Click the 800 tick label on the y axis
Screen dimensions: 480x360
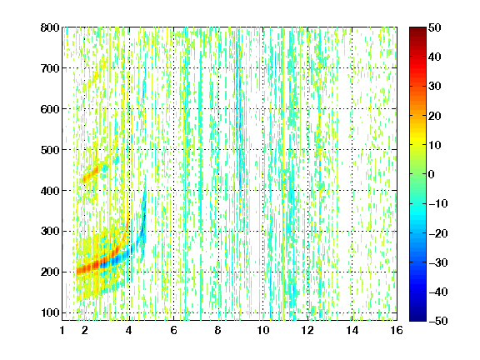pos(50,27)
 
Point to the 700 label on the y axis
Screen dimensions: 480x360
pos(50,68)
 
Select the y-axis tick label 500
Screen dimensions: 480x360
pos(50,150)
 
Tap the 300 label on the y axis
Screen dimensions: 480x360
pos(50,232)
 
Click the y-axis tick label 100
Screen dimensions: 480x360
pos(50,312)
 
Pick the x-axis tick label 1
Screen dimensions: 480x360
pos(62,330)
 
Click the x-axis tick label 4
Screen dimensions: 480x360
pos(129,330)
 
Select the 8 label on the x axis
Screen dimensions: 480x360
pos(218,330)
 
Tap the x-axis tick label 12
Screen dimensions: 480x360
pos(307,330)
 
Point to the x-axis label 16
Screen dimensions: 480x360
pos(397,330)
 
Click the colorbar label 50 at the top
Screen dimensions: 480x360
pos(435,27)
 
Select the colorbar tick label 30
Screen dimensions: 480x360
pos(435,86)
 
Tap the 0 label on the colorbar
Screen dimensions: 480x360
pos(432,174)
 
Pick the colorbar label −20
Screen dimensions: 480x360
pos(437,233)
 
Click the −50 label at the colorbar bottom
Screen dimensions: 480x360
pos(437,321)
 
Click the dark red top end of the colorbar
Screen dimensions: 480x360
pos(417,30)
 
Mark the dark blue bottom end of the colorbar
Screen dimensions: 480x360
pos(417,318)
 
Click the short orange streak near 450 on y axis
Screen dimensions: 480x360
pos(90,174)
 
